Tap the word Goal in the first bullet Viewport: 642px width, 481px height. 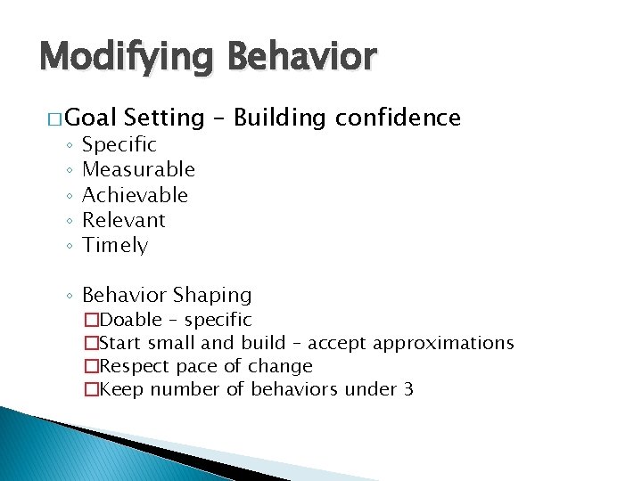tap(92, 118)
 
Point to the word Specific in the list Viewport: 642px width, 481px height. tap(119, 144)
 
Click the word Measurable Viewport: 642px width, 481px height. tap(138, 169)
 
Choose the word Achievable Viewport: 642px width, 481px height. tap(135, 194)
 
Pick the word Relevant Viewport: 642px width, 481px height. tap(124, 220)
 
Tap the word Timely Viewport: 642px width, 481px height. tap(115, 246)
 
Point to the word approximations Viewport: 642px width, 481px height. tap(443, 343)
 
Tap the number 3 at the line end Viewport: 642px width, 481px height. tap(408, 389)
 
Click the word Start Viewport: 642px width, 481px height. tap(121, 343)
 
